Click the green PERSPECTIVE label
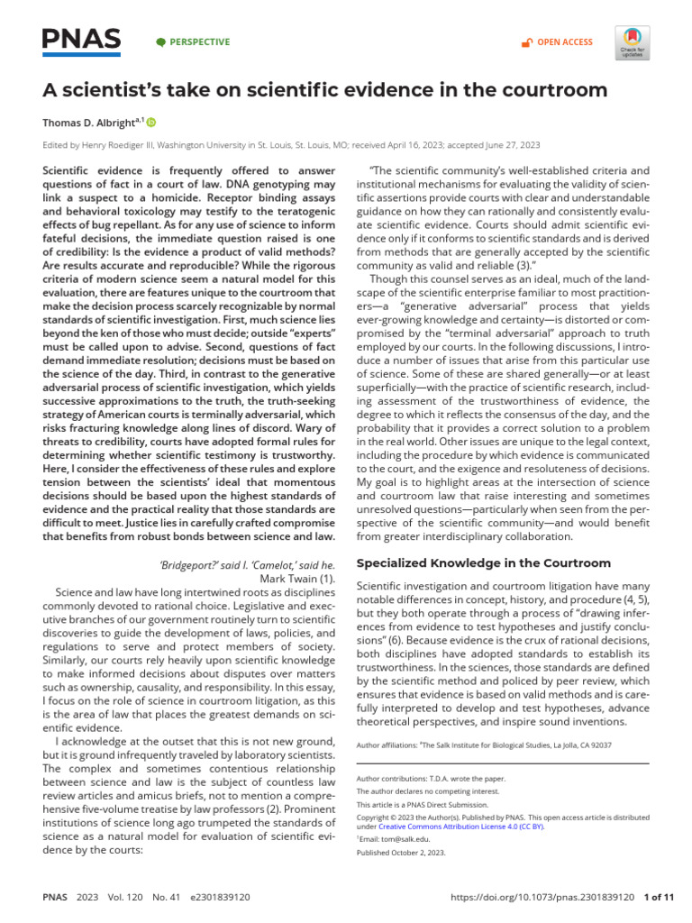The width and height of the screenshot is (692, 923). (193, 42)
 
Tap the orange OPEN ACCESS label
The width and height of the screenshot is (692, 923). (558, 42)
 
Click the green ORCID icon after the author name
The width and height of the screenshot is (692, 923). (150, 122)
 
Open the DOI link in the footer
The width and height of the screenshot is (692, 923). (542, 898)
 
